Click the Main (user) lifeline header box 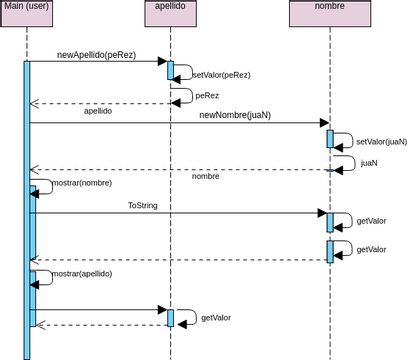(27, 10)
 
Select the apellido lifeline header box (169, 10)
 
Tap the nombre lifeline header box (329, 10)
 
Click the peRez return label (207, 96)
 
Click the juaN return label (369, 162)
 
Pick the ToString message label (143, 205)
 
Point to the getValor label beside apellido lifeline (216, 317)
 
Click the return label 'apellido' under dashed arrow (97, 112)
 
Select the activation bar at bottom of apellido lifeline (170, 317)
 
